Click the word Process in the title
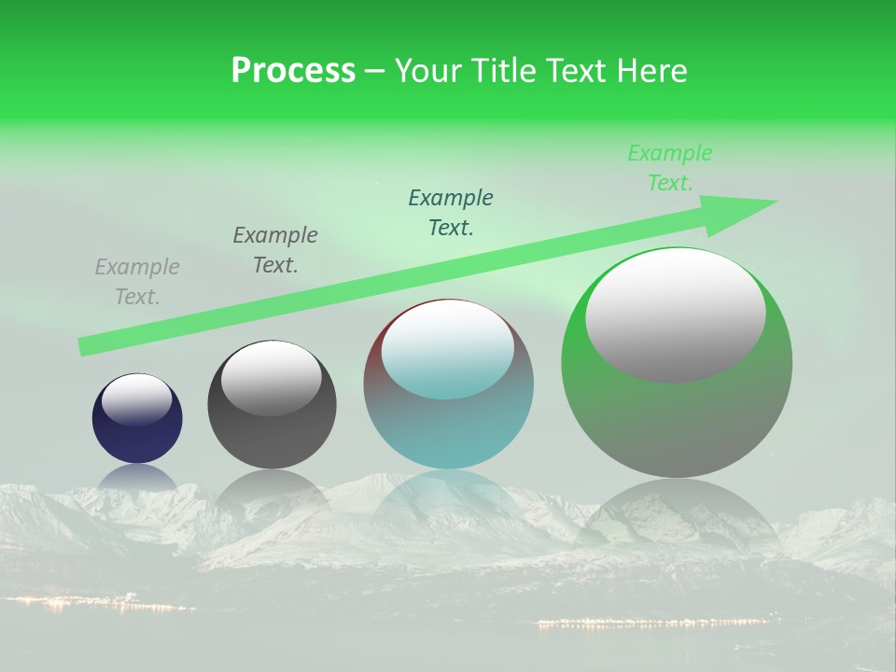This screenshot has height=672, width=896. click(293, 70)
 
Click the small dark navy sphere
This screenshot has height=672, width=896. click(137, 434)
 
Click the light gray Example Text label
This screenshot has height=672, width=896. click(137, 282)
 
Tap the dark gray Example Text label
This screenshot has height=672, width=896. click(275, 250)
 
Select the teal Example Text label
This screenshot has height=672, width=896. click(451, 212)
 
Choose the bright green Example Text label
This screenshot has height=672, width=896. click(670, 168)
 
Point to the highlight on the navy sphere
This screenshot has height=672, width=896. click(137, 399)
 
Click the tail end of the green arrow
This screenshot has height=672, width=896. click(86, 347)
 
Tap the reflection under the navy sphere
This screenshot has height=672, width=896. click(137, 478)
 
